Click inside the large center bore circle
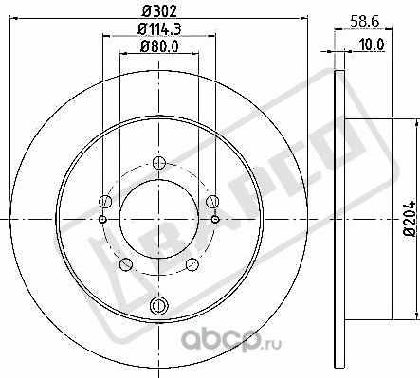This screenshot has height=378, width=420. coord(159,220)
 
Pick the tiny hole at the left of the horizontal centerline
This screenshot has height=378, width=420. coord(101,220)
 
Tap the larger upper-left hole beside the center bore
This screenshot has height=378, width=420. coord(105,200)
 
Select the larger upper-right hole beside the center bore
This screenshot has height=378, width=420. coord(213,200)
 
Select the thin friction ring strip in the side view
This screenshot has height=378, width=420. coord(339,220)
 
